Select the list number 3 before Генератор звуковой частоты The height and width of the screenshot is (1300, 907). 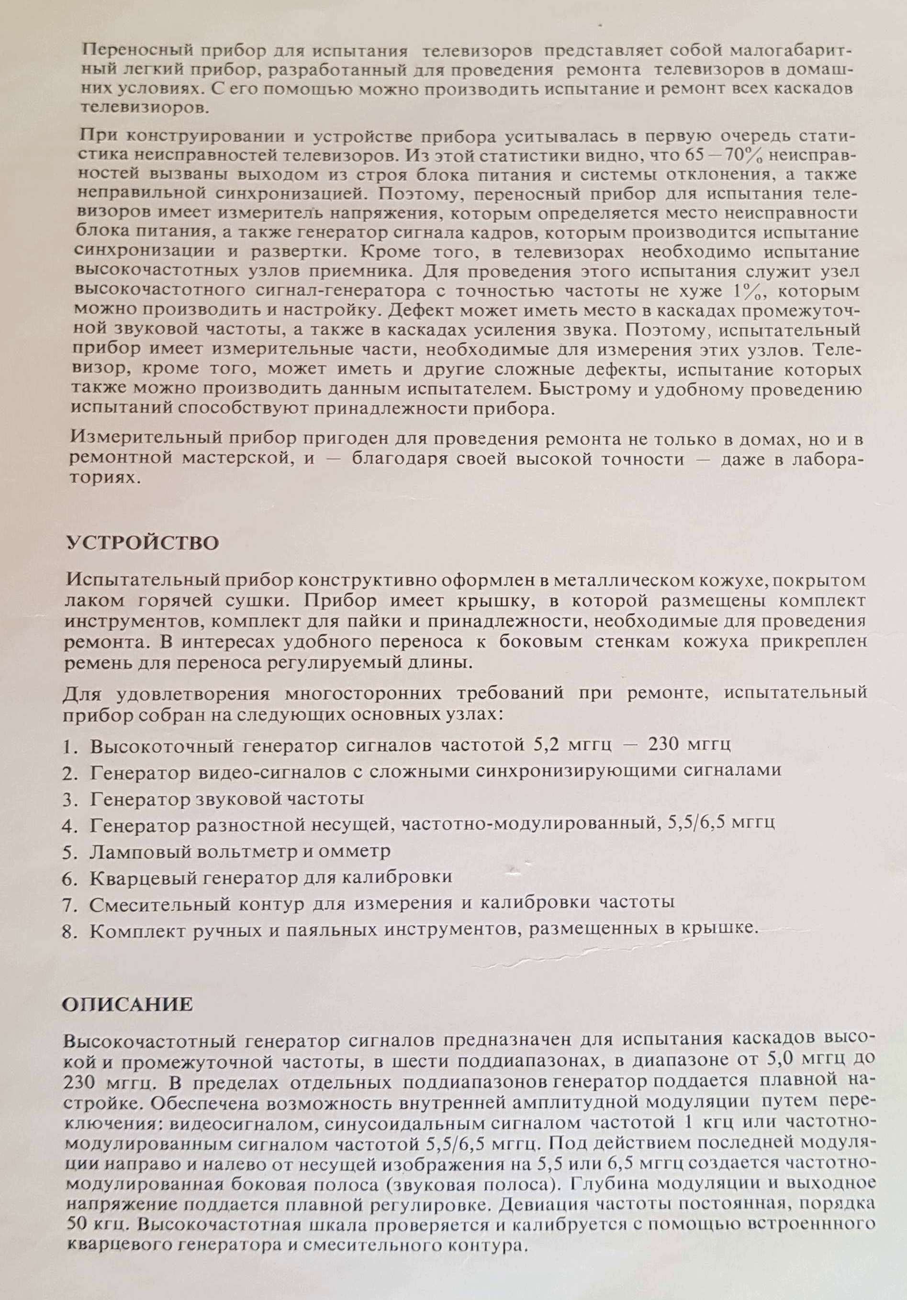click(70, 799)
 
